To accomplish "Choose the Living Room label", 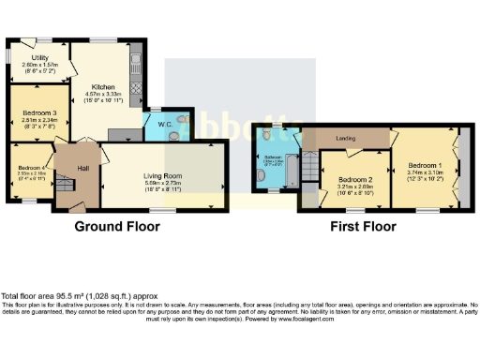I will [x=165, y=175].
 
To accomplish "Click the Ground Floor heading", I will [x=119, y=226].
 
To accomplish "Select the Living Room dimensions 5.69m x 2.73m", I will [x=165, y=183].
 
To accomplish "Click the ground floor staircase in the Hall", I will [x=65, y=192].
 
